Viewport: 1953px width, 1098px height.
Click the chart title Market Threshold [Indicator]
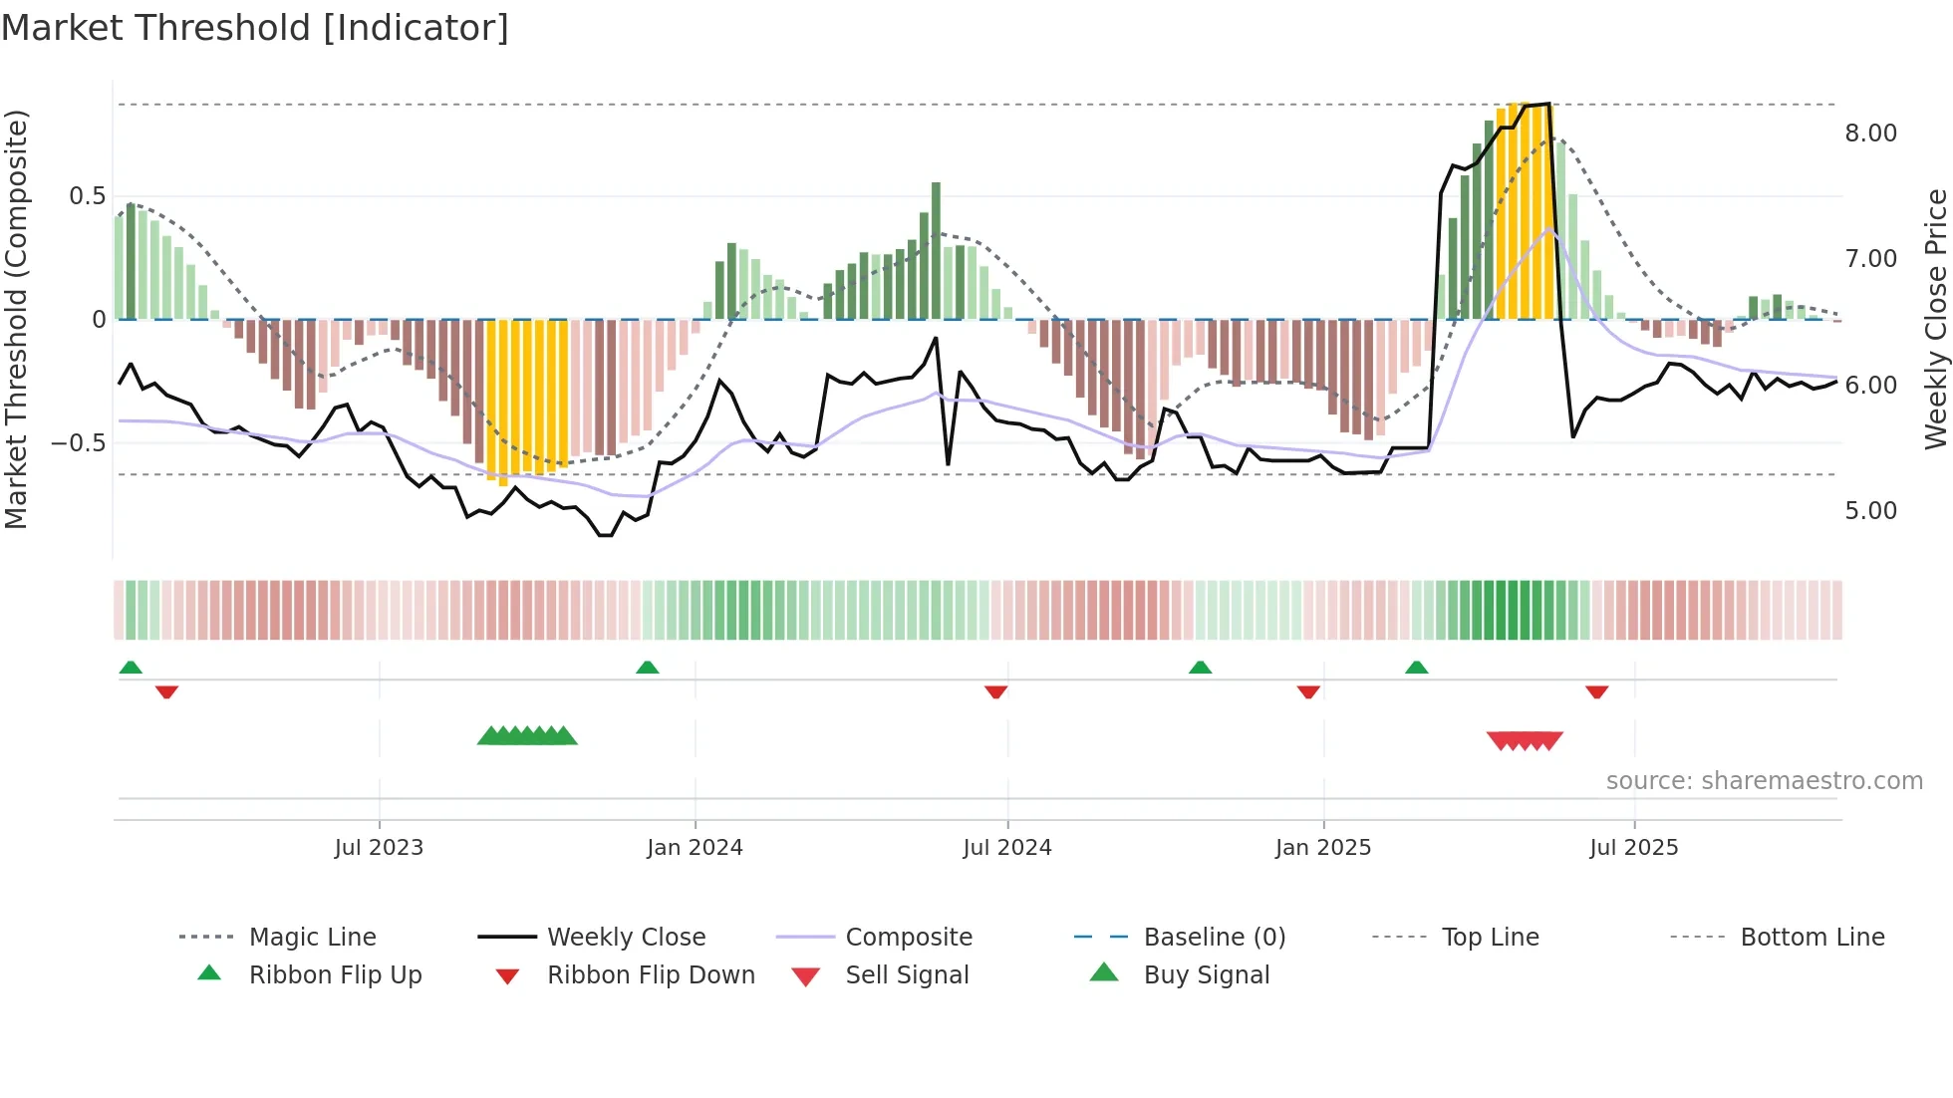255,28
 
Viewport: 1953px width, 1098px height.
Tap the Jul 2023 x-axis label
379,848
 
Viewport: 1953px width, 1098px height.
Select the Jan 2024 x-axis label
695,848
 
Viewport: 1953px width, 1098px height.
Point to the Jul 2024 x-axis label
1006,848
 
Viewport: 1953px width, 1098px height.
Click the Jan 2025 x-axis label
1322,848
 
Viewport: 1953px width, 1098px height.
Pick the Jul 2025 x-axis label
1633,848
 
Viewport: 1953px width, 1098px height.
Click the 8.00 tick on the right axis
1870,134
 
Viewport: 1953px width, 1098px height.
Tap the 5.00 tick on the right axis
1870,511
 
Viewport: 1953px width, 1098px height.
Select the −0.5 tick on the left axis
78,442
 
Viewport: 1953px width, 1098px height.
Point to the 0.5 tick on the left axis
87,196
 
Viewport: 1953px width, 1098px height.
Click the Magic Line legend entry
312,938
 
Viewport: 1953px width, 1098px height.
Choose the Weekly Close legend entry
626,938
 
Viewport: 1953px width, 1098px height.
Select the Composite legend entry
908,938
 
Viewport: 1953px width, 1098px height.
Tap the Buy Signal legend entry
1206,975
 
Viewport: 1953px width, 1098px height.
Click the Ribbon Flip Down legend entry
651,975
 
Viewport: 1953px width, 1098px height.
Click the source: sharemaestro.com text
1764,781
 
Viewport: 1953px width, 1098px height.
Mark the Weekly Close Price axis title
1935,319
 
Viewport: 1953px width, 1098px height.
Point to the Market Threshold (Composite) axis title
16,319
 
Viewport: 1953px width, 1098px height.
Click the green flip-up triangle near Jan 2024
648,668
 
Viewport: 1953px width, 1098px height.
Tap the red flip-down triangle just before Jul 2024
995,691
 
